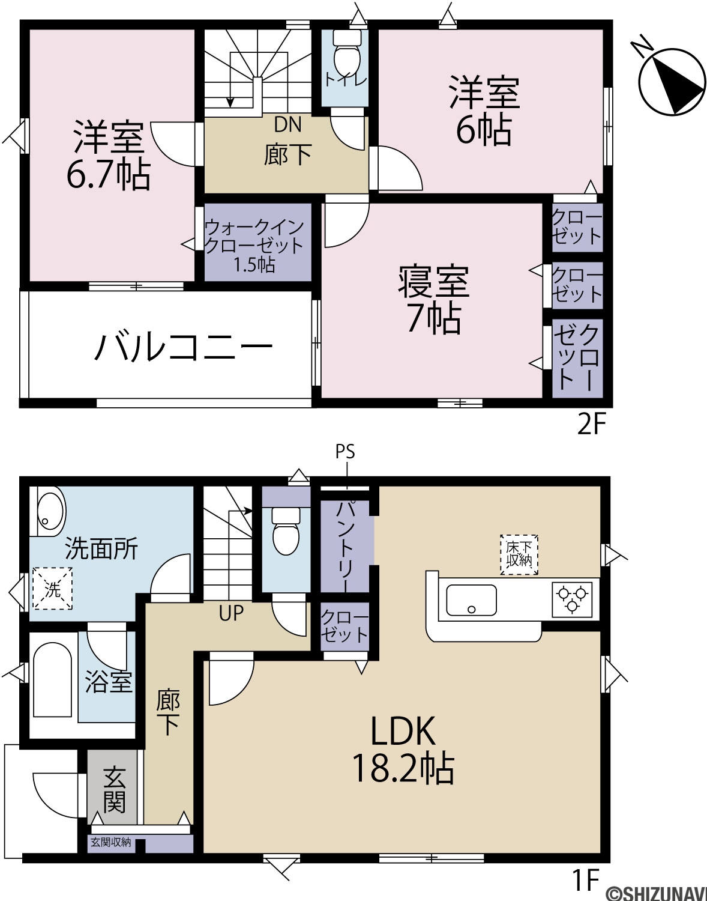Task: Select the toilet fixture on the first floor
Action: coord(286,531)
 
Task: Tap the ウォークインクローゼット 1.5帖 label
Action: coord(254,246)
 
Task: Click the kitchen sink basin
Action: coord(471,600)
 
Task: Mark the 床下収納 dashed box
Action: coord(519,554)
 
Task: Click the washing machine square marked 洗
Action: coord(53,589)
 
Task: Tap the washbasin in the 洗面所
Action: coord(51,511)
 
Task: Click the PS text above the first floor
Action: coord(346,452)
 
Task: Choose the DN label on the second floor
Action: coord(287,125)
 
